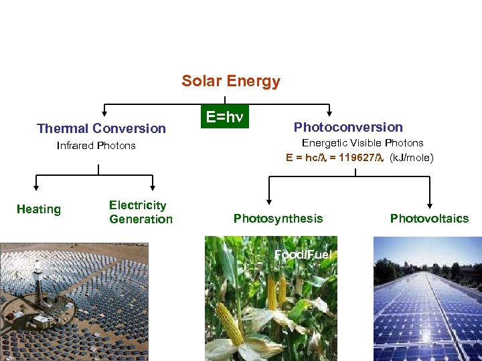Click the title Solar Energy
(231, 82)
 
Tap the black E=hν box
(224, 117)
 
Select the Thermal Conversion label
(101, 128)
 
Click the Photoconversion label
(348, 127)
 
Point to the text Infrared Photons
(96, 146)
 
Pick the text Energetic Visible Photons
(362, 143)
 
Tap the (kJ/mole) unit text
(411, 158)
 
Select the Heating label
(38, 209)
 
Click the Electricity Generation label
(141, 212)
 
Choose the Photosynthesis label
(278, 219)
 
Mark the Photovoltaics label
(429, 219)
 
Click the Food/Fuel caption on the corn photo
(303, 255)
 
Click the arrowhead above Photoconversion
(329, 113)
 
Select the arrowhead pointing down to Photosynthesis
(268, 200)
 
